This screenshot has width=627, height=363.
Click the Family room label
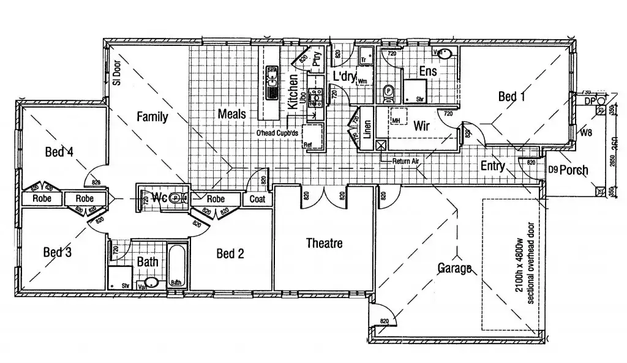[152, 116]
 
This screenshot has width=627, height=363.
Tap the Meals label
[231, 114]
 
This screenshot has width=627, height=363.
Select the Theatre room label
[324, 244]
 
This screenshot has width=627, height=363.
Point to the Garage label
[454, 268]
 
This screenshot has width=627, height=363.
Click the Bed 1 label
[512, 96]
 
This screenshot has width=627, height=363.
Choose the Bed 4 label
[59, 152]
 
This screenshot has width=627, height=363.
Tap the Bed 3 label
[58, 252]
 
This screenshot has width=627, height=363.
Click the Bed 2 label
[230, 253]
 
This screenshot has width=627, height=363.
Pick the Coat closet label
[257, 199]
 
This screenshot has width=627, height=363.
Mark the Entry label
[492, 166]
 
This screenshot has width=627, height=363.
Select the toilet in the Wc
[176, 198]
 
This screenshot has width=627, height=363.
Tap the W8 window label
[586, 132]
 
